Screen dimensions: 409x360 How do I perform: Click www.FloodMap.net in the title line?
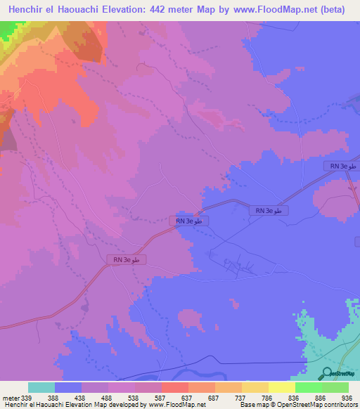pyautogui.click(x=268, y=11)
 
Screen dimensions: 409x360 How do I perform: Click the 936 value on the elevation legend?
pyautogui.click(x=345, y=396)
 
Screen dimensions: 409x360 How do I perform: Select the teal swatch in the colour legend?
pyautogui.click(x=41, y=387)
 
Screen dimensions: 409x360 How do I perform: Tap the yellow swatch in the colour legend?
pyautogui.click(x=281, y=387)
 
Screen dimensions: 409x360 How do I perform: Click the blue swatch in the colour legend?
pyautogui.click(x=68, y=387)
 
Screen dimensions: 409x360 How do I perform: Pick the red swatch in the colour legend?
pyautogui.click(x=174, y=387)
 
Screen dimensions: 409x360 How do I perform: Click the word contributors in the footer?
pyautogui.click(x=341, y=405)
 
